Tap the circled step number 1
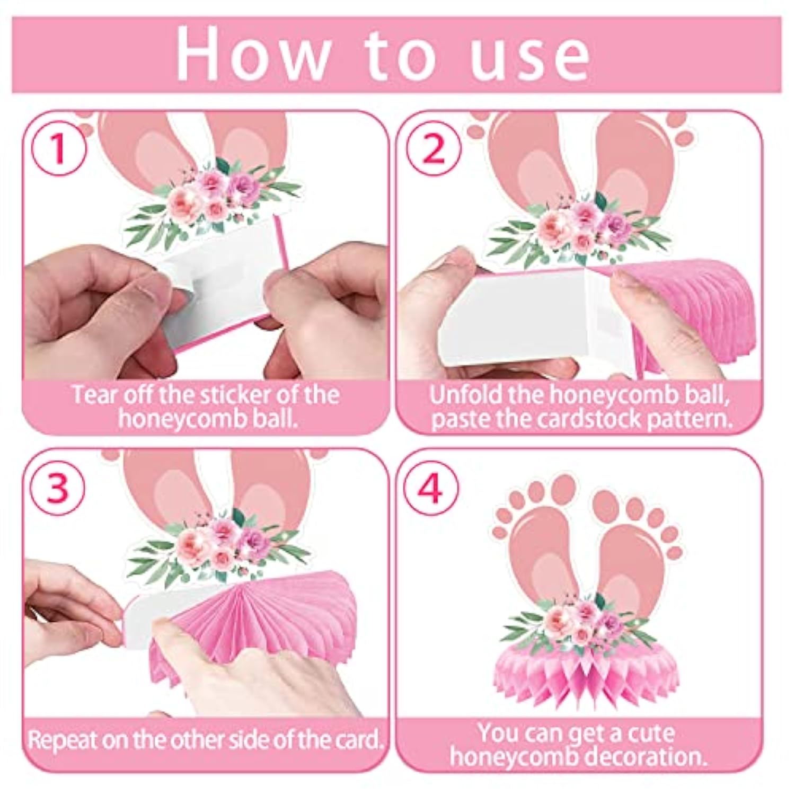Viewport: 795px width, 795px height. point(58,149)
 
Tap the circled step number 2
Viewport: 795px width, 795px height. point(434,149)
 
